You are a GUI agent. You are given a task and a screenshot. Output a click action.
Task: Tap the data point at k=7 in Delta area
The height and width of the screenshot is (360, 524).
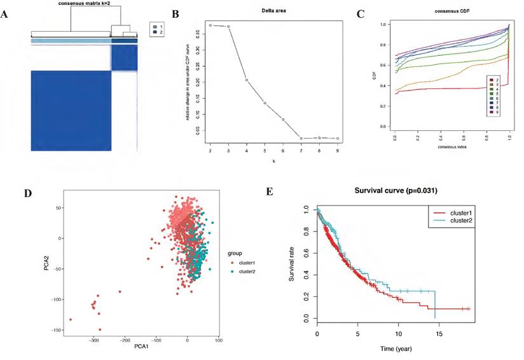click(301, 138)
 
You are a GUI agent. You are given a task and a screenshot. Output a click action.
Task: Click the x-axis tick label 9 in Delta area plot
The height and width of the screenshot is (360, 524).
click(338, 151)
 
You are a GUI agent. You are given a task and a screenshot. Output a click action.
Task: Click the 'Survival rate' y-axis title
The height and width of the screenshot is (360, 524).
click(293, 263)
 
